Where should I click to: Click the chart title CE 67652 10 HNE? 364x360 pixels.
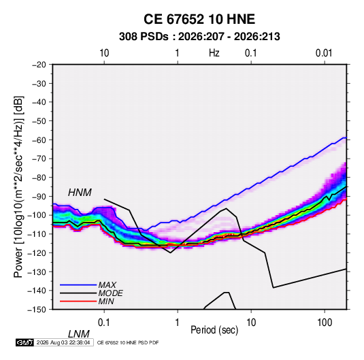tap(199, 19)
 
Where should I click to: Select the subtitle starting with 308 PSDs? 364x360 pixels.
tap(199, 37)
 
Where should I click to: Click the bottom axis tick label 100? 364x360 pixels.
tap(325, 323)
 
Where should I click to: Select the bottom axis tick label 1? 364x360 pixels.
tap(178, 323)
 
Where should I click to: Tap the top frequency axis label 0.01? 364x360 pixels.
tap(324, 53)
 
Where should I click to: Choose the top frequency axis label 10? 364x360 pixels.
tap(104, 53)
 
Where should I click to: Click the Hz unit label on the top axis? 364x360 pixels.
tap(214, 53)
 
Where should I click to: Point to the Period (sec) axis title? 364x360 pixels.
tap(214, 330)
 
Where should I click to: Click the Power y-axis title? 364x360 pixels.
tap(18, 186)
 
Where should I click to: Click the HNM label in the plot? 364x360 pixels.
tap(80, 193)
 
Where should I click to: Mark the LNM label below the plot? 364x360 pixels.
tap(79, 334)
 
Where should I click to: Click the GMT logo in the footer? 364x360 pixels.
tap(24, 342)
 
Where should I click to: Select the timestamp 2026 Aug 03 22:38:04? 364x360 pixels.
tap(63, 342)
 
